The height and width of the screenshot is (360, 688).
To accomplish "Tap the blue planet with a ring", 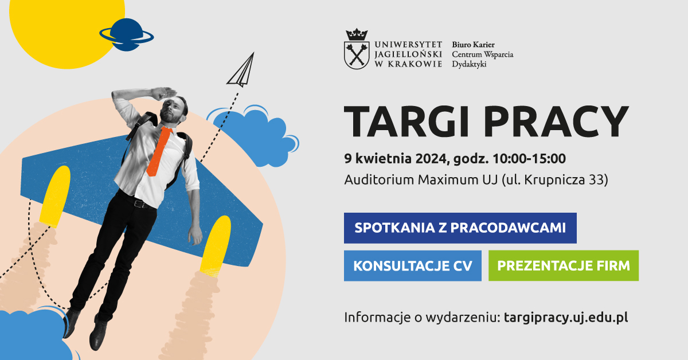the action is [x=127, y=35].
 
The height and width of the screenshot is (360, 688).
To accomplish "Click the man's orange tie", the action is [x=159, y=151].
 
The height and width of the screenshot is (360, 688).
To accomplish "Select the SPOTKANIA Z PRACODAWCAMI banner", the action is [x=460, y=228].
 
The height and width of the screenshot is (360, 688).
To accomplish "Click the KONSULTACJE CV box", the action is [x=412, y=265].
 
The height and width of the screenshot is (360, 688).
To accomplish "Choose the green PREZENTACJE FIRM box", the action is [x=563, y=265].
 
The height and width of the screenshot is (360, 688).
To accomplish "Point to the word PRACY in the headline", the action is [x=556, y=121].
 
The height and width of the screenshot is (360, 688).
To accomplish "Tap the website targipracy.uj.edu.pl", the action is [x=566, y=318].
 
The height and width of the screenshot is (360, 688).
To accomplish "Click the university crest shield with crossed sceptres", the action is [x=357, y=56].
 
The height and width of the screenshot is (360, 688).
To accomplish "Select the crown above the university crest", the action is [x=357, y=35].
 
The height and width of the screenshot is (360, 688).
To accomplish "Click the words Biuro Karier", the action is [x=473, y=45].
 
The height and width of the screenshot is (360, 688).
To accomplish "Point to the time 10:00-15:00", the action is [x=529, y=158].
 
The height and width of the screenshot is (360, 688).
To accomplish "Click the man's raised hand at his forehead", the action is [x=165, y=92].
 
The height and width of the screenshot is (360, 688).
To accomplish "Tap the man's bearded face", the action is [x=171, y=112].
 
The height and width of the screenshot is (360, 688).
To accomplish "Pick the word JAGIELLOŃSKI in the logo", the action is [x=408, y=54].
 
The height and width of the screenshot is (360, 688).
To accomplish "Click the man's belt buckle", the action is [x=138, y=204].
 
